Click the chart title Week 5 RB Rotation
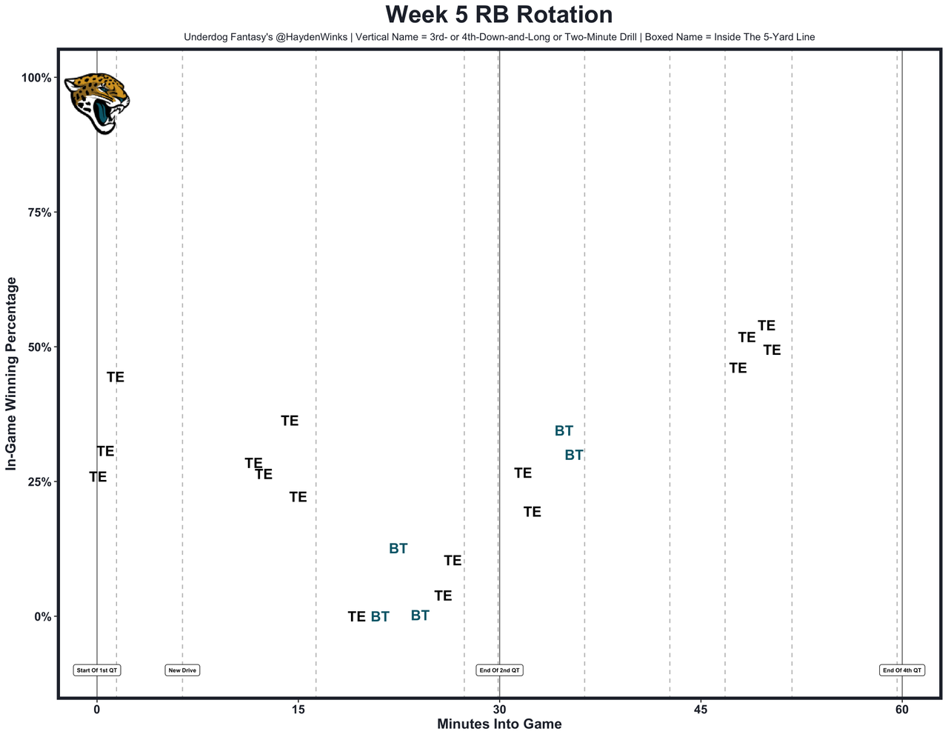click(x=498, y=15)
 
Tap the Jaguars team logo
click(x=96, y=102)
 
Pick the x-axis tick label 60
click(x=901, y=710)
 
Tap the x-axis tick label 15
click(x=298, y=710)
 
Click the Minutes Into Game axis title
click(x=498, y=724)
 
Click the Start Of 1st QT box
click(x=97, y=670)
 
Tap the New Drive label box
click(x=182, y=670)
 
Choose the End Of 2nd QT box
click(x=499, y=670)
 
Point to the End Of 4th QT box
click(x=902, y=670)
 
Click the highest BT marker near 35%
click(x=564, y=431)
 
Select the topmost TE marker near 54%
click(x=766, y=326)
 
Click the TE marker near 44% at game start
click(x=115, y=378)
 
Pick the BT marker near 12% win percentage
click(x=398, y=549)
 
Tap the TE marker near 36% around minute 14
click(x=290, y=421)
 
